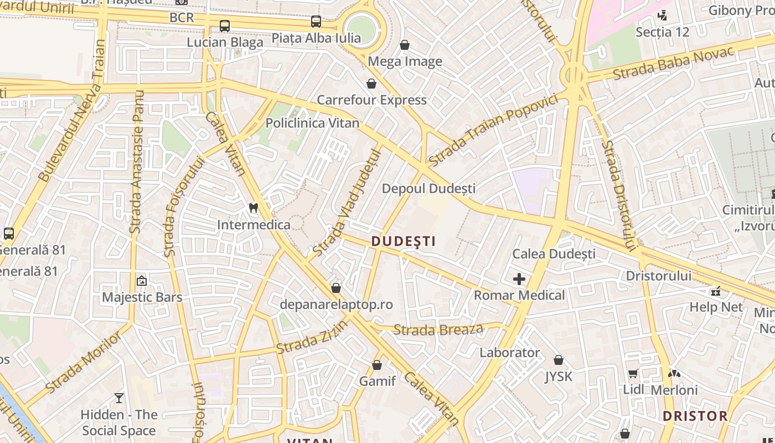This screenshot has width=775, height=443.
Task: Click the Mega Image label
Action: [405, 61]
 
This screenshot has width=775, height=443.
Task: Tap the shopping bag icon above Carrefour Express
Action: [371, 84]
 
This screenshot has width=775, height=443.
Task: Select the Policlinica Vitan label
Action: [312, 123]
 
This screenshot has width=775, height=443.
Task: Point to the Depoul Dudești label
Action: [428, 188]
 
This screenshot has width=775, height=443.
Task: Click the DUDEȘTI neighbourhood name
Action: [404, 241]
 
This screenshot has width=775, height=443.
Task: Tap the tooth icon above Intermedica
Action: [254, 208]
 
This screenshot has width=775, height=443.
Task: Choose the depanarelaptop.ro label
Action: [337, 305]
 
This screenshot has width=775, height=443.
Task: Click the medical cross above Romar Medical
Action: [519, 279]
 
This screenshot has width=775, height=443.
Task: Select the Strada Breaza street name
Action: [438, 330]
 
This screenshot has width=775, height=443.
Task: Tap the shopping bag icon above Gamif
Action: [377, 365]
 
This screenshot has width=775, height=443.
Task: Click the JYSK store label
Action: [559, 377]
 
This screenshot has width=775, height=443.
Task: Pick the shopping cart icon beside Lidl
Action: [633, 374]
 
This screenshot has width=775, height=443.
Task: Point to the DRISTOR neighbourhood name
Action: [695, 416]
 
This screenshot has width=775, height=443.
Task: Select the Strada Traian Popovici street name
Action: [493, 131]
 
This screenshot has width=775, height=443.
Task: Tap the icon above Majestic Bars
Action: [142, 281]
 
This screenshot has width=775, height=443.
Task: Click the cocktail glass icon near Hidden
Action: [119, 398]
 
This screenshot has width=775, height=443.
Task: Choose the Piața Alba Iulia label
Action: [316, 38]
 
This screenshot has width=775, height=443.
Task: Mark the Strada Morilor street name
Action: [84, 361]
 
